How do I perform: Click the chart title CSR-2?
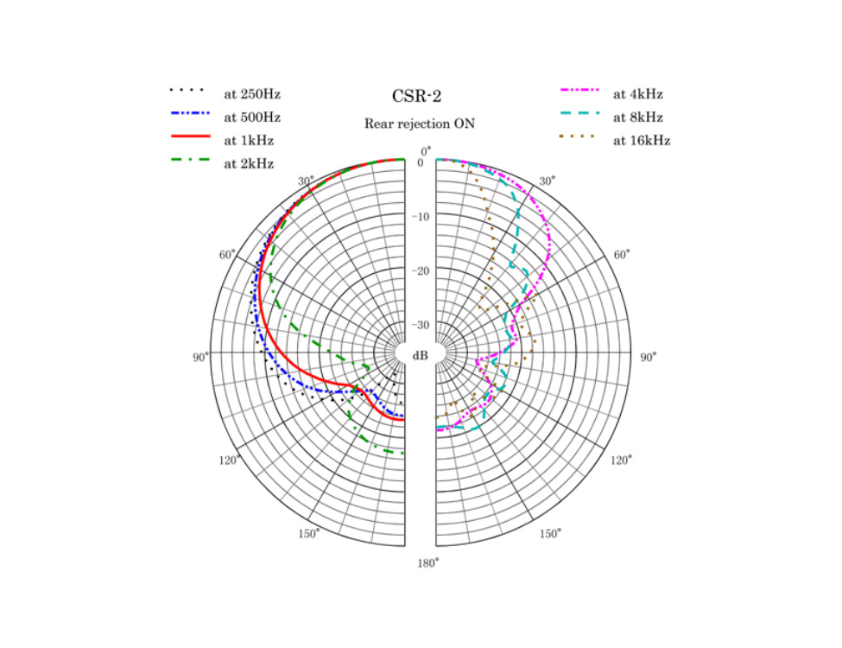click(419, 96)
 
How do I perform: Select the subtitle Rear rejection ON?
click(419, 124)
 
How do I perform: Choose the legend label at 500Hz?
click(252, 117)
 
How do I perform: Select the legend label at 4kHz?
click(638, 94)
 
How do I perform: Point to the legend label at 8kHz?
click(638, 117)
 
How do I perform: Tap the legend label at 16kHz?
click(642, 140)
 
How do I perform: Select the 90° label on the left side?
click(200, 358)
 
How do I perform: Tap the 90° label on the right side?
click(648, 358)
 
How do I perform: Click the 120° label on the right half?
click(620, 461)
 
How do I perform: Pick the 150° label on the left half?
click(308, 533)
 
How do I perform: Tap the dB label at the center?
click(420, 356)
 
